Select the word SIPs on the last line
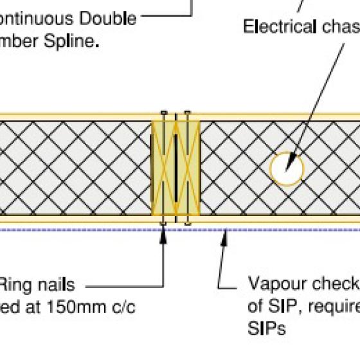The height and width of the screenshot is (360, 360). (x=266, y=328)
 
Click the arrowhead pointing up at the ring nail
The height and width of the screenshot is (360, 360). (x=163, y=230)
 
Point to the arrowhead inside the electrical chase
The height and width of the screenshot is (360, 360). (x=291, y=161)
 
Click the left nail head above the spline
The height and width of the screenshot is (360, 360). (x=164, y=114)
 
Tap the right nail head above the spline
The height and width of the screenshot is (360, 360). (x=187, y=114)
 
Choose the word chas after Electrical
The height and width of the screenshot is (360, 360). (x=339, y=27)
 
